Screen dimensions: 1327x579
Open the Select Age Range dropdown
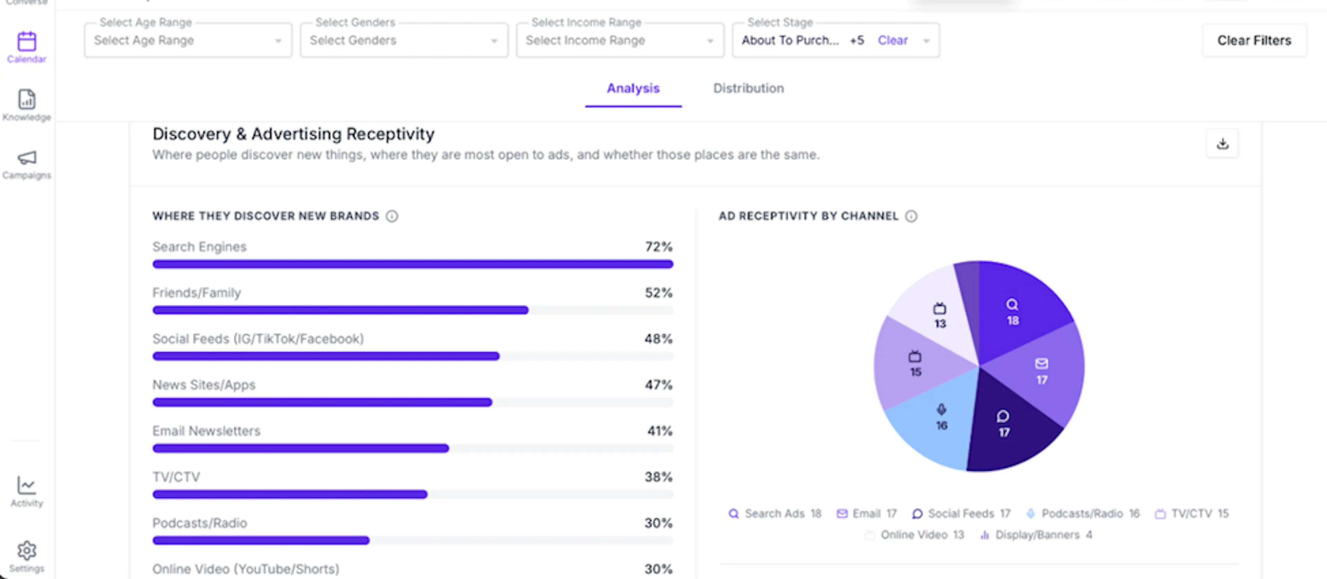point(188,40)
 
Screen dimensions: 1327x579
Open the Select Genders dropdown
point(404,40)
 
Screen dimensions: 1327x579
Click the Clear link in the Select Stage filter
point(892,40)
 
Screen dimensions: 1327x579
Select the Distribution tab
point(748,88)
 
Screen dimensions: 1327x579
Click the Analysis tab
point(633,88)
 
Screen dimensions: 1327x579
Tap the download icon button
point(1222,143)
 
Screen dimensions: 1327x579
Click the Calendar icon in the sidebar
point(27,41)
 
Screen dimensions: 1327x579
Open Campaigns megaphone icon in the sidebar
point(27,157)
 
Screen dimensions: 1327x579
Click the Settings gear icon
point(27,551)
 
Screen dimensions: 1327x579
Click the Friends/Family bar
point(340,310)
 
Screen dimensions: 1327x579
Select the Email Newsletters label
point(206,431)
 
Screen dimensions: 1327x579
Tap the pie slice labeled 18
point(1017,309)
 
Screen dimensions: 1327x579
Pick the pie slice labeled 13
point(935,314)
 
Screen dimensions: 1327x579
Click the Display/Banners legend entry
point(1035,535)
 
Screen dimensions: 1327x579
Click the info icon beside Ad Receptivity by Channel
point(911,216)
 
